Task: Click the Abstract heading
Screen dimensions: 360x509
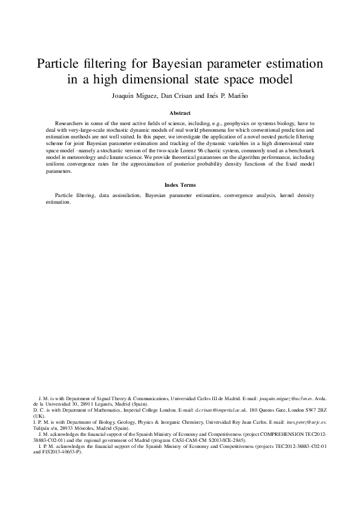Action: tap(180, 113)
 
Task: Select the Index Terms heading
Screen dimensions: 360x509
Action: tap(180, 184)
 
